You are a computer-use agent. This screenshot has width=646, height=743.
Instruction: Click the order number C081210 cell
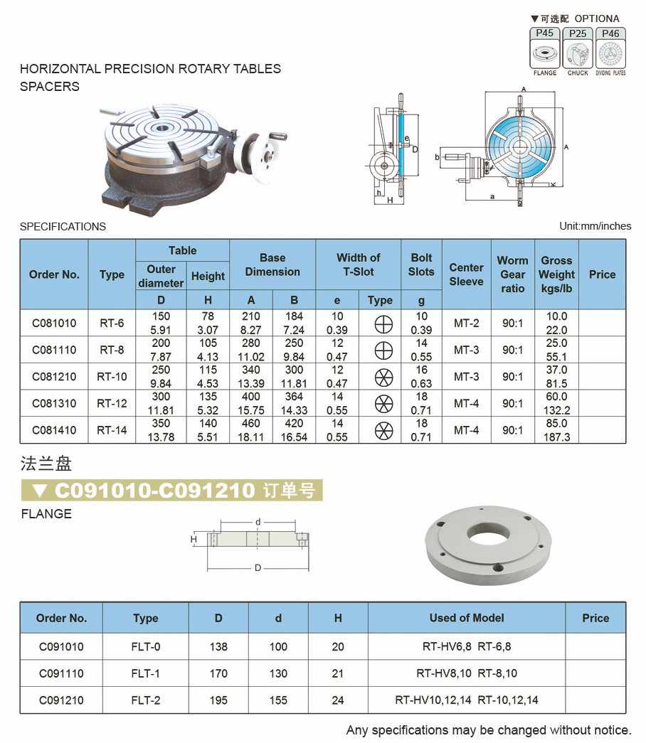pos(54,377)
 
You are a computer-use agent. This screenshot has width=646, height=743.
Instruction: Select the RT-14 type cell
pos(112,430)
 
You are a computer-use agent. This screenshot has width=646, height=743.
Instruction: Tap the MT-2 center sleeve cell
pos(466,324)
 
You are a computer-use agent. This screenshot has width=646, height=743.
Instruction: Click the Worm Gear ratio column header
pos(512,274)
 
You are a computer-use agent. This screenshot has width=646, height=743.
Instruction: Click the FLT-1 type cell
pos(146,673)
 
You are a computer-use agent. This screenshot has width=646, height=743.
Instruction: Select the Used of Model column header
pos(467,618)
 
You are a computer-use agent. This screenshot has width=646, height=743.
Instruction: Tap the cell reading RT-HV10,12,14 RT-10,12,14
pos(467,700)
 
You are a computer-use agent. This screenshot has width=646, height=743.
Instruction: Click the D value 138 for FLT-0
pos(218,647)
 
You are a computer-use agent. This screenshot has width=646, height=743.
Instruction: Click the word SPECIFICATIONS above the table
pos(63,227)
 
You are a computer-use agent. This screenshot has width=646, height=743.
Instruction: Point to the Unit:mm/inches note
pos(595,226)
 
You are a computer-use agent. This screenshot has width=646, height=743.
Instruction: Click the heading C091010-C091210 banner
pos(171,491)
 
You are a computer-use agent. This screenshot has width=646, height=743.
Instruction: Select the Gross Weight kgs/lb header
pos(556,274)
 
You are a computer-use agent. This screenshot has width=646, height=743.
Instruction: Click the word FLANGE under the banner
pos(46,514)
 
